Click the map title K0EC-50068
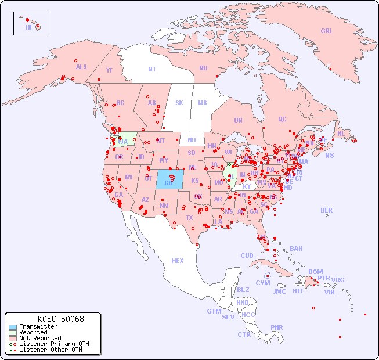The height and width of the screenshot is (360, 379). pyautogui.click(x=60, y=319)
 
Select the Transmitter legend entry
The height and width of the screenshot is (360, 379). pyautogui.click(x=38, y=327)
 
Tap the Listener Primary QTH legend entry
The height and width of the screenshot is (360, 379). pyautogui.click(x=54, y=344)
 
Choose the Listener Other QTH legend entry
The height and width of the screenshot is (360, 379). pyautogui.click(x=50, y=350)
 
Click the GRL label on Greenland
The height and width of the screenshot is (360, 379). pyautogui.click(x=327, y=31)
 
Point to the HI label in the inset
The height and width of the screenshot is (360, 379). pyautogui.click(x=28, y=27)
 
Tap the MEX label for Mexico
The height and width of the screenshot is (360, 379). pyautogui.click(x=178, y=261)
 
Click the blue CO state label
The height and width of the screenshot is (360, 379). pyautogui.click(x=168, y=183)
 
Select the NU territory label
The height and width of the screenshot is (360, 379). pyautogui.click(x=203, y=68)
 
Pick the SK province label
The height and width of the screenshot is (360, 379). pyautogui.click(x=179, y=103)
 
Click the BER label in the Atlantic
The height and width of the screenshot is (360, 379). pyautogui.click(x=327, y=210)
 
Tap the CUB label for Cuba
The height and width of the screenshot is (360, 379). pyautogui.click(x=247, y=255)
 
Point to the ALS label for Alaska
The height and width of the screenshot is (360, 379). pyautogui.click(x=81, y=67)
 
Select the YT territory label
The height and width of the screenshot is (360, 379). pyautogui.click(x=109, y=70)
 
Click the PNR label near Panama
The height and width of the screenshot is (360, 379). pyautogui.click(x=277, y=327)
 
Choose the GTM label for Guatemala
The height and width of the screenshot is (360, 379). pyautogui.click(x=214, y=311)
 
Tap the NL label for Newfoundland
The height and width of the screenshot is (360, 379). pyautogui.click(x=341, y=133)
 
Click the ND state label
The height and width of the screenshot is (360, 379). pyautogui.click(x=192, y=140)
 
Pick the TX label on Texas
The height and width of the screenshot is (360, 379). pyautogui.click(x=189, y=218)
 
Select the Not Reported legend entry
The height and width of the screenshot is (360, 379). pyautogui.click(x=40, y=338)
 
